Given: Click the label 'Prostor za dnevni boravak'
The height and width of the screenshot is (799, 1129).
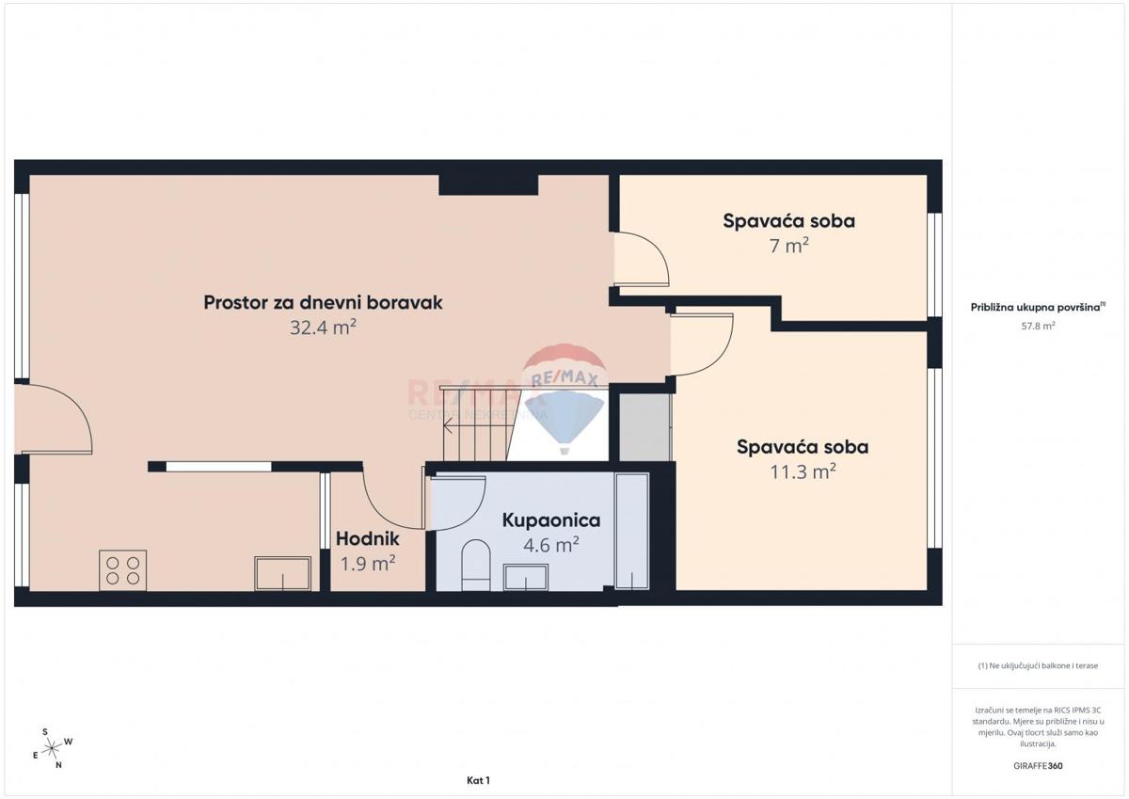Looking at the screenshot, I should pyautogui.click(x=323, y=302).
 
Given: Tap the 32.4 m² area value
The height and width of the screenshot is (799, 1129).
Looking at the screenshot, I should pyautogui.click(x=323, y=328).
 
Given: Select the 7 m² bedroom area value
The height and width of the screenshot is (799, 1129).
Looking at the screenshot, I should pyautogui.click(x=788, y=247).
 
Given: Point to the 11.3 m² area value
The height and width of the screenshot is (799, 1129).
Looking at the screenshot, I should pyautogui.click(x=802, y=472).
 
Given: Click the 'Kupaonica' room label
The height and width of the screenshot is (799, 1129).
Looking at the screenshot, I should pyautogui.click(x=550, y=519).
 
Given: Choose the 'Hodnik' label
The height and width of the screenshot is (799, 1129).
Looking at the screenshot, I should pyautogui.click(x=368, y=539).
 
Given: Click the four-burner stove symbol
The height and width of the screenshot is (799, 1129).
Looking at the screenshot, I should pyautogui.click(x=122, y=569).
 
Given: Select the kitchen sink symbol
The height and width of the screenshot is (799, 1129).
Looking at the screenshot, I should pyautogui.click(x=282, y=572).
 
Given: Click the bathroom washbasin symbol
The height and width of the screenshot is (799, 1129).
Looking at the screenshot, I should pyautogui.click(x=525, y=576).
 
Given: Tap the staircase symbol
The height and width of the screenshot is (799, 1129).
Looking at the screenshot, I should pyautogui.click(x=477, y=423).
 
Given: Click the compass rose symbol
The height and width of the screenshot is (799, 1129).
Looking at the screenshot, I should pyautogui.click(x=54, y=747).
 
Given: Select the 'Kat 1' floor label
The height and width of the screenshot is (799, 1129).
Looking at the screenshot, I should pyautogui.click(x=478, y=780).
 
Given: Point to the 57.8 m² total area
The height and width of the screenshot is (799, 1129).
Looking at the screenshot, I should pyautogui.click(x=1038, y=326).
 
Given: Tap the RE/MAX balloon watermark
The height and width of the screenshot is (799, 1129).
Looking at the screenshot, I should pyautogui.click(x=564, y=400).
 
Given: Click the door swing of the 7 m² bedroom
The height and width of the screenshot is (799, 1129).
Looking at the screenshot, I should pyautogui.click(x=643, y=259).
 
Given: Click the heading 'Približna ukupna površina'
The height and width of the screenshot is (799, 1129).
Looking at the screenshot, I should pyautogui.click(x=1037, y=306).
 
